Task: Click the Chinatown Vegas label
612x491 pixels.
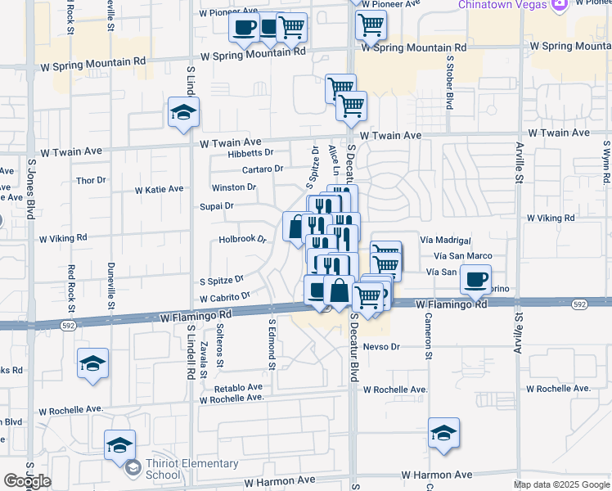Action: [x=502, y=5]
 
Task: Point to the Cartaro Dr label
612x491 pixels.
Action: [x=262, y=169]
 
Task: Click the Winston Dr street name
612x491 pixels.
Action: [x=234, y=187]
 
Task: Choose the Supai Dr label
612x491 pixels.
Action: [x=217, y=206]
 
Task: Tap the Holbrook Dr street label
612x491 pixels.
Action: [x=243, y=240]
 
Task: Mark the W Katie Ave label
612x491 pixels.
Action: [x=159, y=189]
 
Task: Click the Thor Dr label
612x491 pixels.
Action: [x=91, y=180]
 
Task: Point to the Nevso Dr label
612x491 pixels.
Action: [x=382, y=347]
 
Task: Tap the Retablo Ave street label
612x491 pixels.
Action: [x=238, y=387]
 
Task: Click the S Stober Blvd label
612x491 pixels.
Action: [x=450, y=83]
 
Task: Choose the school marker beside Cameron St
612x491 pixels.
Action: [x=443, y=433]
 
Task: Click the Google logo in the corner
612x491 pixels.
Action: [x=27, y=481]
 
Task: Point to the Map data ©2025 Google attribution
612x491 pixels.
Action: [x=561, y=484]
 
